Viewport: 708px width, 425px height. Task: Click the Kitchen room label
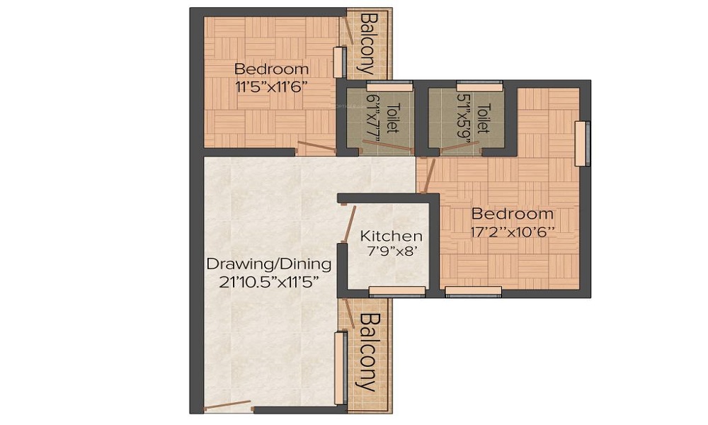(x=392, y=237)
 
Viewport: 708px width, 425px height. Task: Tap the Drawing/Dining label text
(x=268, y=264)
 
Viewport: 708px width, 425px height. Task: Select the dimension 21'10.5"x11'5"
(x=268, y=281)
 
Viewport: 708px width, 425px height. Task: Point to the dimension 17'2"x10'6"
(x=513, y=231)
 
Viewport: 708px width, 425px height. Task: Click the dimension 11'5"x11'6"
(x=271, y=86)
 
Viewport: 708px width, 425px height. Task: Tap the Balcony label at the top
(x=367, y=43)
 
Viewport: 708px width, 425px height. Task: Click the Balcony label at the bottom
(x=367, y=353)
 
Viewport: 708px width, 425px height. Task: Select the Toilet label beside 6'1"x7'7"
(x=392, y=118)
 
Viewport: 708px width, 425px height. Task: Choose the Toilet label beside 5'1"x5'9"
(x=484, y=118)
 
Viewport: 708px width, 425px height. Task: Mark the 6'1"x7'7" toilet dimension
(x=373, y=118)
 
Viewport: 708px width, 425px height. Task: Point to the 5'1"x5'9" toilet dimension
(x=464, y=118)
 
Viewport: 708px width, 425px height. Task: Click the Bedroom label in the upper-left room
(x=271, y=69)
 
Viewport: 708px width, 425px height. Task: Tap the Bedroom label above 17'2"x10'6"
(x=513, y=214)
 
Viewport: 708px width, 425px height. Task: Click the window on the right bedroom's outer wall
(x=582, y=144)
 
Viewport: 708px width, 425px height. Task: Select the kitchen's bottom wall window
(x=397, y=290)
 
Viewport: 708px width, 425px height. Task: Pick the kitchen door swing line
(x=349, y=224)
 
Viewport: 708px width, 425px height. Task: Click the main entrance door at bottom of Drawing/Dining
(x=227, y=406)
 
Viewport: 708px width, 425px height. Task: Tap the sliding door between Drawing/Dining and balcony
(x=341, y=367)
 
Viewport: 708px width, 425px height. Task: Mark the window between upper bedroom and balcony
(x=339, y=62)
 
